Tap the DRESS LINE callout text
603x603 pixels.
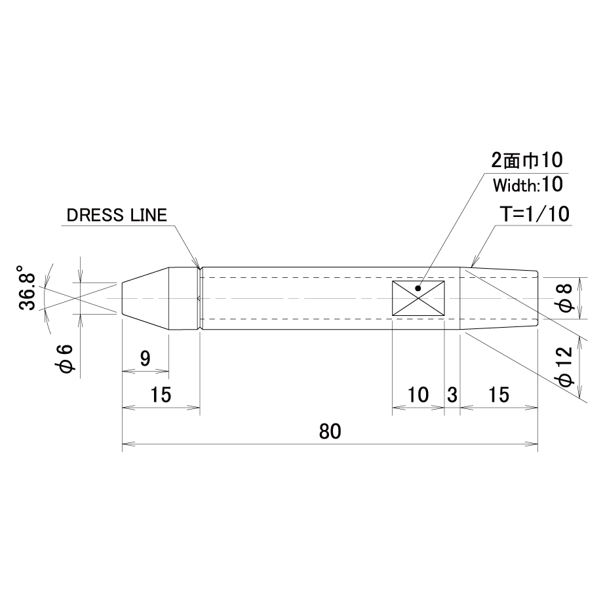tap(117, 215)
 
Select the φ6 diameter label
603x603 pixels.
tap(65, 359)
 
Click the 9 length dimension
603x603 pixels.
tap(145, 359)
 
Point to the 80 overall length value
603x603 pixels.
tap(330, 431)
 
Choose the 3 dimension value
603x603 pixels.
tap(452, 395)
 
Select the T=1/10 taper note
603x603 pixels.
tap(534, 214)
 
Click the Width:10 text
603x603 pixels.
tap(528, 185)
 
